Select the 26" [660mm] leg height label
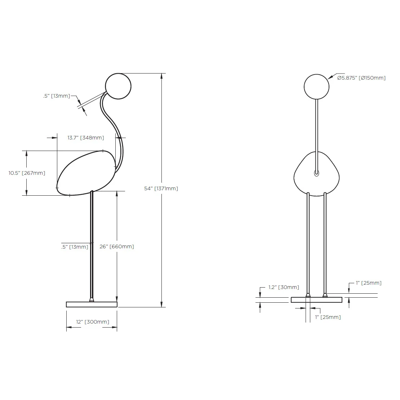pos(116,246)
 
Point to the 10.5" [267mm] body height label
pos(27,173)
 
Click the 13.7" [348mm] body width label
pos(86,138)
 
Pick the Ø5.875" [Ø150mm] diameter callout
pos(361,77)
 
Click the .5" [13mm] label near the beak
pos(56,96)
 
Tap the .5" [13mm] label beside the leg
pos(75,247)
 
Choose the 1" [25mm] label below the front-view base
pos(328,317)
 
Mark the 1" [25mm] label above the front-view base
pos(368,283)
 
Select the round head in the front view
pos(316,86)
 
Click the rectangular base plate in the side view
pos(92,305)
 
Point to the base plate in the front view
pos(316,300)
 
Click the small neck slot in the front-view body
pos(316,173)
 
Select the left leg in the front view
pos(308,245)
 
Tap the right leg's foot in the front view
pos(325,295)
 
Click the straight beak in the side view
pos(93,100)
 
